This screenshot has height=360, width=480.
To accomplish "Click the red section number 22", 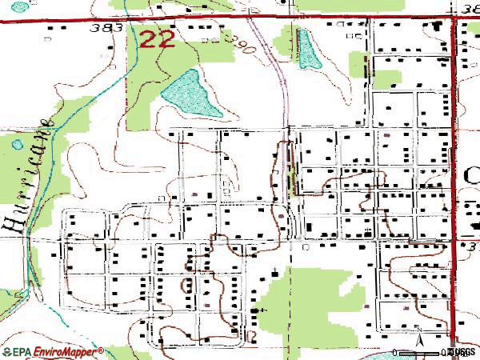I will coord(157,38).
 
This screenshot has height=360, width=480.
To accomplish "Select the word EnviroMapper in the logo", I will coord(64,352).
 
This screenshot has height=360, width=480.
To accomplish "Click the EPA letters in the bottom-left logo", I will coord(22,352).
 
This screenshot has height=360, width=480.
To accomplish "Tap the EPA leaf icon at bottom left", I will coord(6,352).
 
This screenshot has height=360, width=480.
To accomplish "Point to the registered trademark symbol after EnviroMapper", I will coord(101,350).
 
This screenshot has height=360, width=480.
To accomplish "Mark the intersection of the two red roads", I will coord(454,18).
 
